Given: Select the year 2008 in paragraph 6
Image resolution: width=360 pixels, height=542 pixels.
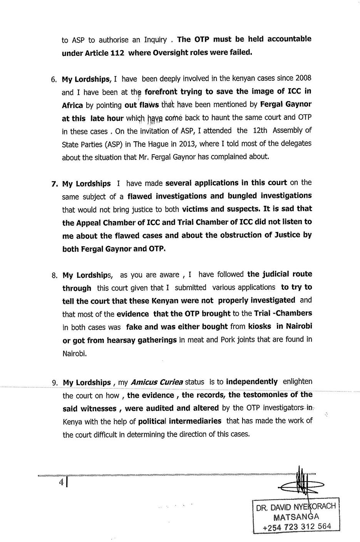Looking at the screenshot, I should tap(303, 78).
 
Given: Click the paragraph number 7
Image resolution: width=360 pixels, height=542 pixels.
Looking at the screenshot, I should tap(54, 184).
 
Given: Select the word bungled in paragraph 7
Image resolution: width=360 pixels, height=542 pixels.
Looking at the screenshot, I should tap(243, 196).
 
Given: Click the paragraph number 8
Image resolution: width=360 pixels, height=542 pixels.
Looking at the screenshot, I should tap(54, 276).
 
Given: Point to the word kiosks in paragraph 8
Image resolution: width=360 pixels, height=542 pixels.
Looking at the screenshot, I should tap(260, 326).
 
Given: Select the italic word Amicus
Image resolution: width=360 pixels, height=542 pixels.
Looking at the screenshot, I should tap(144, 383).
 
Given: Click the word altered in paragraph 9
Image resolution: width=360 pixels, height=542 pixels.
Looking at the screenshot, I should tap(205, 408).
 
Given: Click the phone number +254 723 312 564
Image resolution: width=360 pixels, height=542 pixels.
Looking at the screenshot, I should tap(296, 527).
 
